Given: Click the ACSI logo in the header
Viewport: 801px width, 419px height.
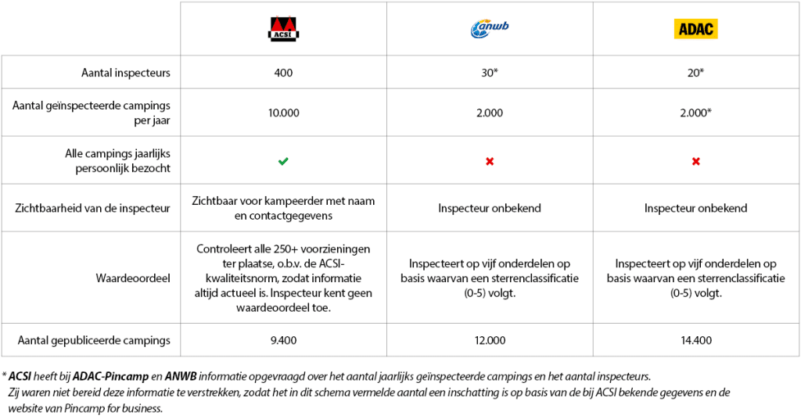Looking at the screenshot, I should tap(283, 29).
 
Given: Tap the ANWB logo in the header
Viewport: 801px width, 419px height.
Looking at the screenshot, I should tap(489, 29).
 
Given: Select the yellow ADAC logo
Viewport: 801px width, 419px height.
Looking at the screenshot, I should tap(695, 29).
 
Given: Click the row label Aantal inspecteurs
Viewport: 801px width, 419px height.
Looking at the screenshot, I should tap(126, 73).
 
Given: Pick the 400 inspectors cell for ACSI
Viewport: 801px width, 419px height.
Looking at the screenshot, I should tap(283, 73).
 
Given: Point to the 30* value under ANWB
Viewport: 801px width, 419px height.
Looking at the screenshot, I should tap(489, 73).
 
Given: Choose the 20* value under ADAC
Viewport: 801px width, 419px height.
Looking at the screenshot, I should tap(695, 73).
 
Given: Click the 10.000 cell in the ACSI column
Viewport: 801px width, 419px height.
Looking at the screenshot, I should tap(283, 113).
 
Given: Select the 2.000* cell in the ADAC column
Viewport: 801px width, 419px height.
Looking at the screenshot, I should tap(695, 113).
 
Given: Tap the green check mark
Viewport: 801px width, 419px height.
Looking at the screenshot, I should tap(283, 161).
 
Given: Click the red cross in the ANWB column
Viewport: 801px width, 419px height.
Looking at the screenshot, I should tap(489, 161).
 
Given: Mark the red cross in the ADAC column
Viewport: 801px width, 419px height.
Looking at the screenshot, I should tap(695, 161).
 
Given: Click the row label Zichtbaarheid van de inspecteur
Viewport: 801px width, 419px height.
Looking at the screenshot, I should tap(93, 208).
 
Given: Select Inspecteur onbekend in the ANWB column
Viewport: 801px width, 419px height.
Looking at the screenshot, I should tap(489, 208).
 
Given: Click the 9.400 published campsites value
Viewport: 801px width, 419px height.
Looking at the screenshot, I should tap(283, 340).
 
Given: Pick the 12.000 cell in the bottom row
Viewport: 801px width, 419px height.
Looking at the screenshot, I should tap(489, 340).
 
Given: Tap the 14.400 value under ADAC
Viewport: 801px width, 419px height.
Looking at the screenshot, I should tap(695, 340).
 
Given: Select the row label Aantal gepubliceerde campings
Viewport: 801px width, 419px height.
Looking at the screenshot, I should tap(94, 340).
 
